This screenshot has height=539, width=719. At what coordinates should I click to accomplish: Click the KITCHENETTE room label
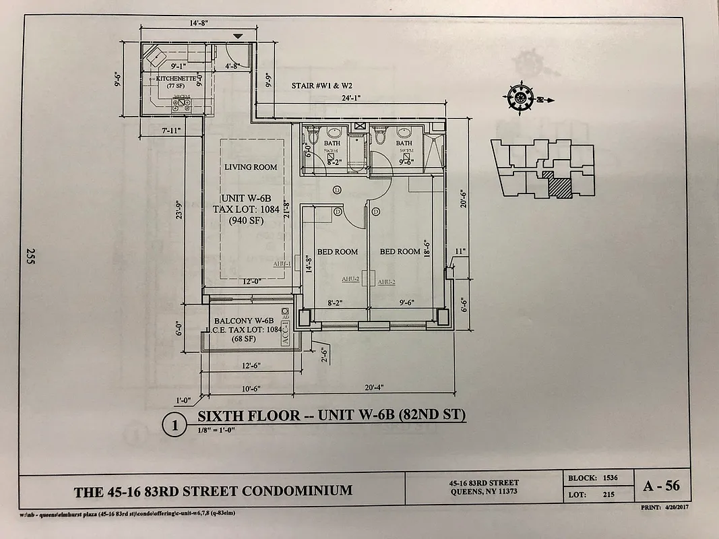pos(176,79)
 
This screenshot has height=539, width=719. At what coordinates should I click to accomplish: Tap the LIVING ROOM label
pos(251,167)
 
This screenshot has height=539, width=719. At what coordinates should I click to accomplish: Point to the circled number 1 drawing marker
pos(175,425)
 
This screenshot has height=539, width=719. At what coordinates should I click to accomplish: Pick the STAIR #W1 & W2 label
pos(322,86)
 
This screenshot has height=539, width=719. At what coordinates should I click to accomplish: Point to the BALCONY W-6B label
pos(243,320)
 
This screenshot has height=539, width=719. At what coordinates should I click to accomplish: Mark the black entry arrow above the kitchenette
pos(237,35)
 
